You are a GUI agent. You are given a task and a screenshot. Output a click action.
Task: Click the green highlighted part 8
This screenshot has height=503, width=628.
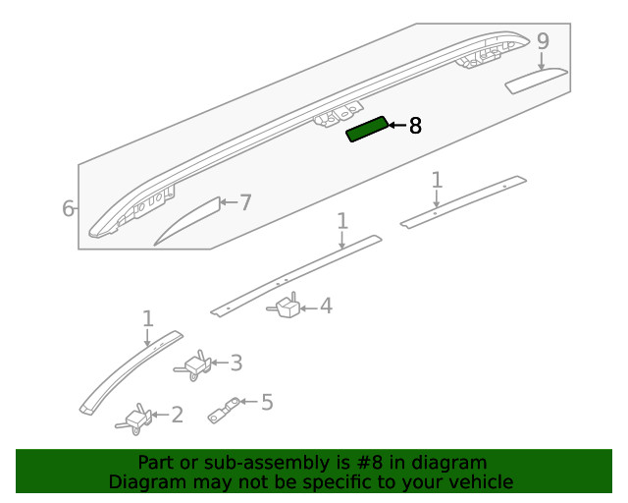point(367,129)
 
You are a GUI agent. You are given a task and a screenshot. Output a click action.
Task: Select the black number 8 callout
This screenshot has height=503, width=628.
point(415,126)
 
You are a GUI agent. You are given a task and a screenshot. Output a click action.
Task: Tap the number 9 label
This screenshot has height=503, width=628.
point(543,41)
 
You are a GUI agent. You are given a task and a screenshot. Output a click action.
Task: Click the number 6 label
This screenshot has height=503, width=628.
point(68,208)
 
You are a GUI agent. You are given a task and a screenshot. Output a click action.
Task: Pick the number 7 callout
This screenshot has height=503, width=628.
point(245,202)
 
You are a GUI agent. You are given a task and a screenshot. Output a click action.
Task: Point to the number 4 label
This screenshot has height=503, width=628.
point(326,306)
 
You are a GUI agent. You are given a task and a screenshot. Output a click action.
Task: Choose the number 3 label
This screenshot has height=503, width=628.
point(235,363)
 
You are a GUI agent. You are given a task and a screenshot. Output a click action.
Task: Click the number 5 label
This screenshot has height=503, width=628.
point(267,402)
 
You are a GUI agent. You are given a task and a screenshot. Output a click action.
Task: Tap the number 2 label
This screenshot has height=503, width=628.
point(177,415)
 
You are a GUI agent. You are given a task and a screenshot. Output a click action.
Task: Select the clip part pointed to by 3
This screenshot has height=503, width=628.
point(193,365)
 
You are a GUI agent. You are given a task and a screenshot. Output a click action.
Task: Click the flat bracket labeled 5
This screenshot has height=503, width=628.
point(224,410)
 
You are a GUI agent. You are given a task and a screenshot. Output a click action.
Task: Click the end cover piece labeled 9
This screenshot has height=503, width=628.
point(537,81)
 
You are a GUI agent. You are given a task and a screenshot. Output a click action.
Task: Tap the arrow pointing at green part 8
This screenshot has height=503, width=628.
point(397,126)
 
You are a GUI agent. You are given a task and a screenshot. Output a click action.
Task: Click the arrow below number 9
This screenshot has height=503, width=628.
point(542,61)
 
